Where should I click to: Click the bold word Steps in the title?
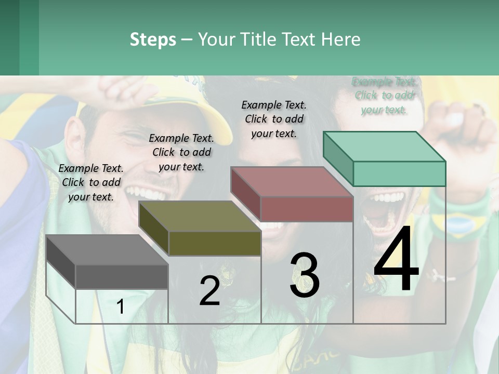(153, 39)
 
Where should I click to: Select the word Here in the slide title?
(340, 39)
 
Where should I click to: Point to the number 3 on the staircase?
(304, 275)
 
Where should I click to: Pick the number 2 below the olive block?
(209, 291)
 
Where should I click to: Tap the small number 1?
(120, 307)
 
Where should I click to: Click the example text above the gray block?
(91, 182)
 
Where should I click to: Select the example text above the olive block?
(181, 152)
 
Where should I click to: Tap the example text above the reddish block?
(274, 119)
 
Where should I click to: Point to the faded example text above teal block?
(384, 96)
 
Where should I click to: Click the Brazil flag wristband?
(459, 224)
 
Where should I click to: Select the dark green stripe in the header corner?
(29, 37)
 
